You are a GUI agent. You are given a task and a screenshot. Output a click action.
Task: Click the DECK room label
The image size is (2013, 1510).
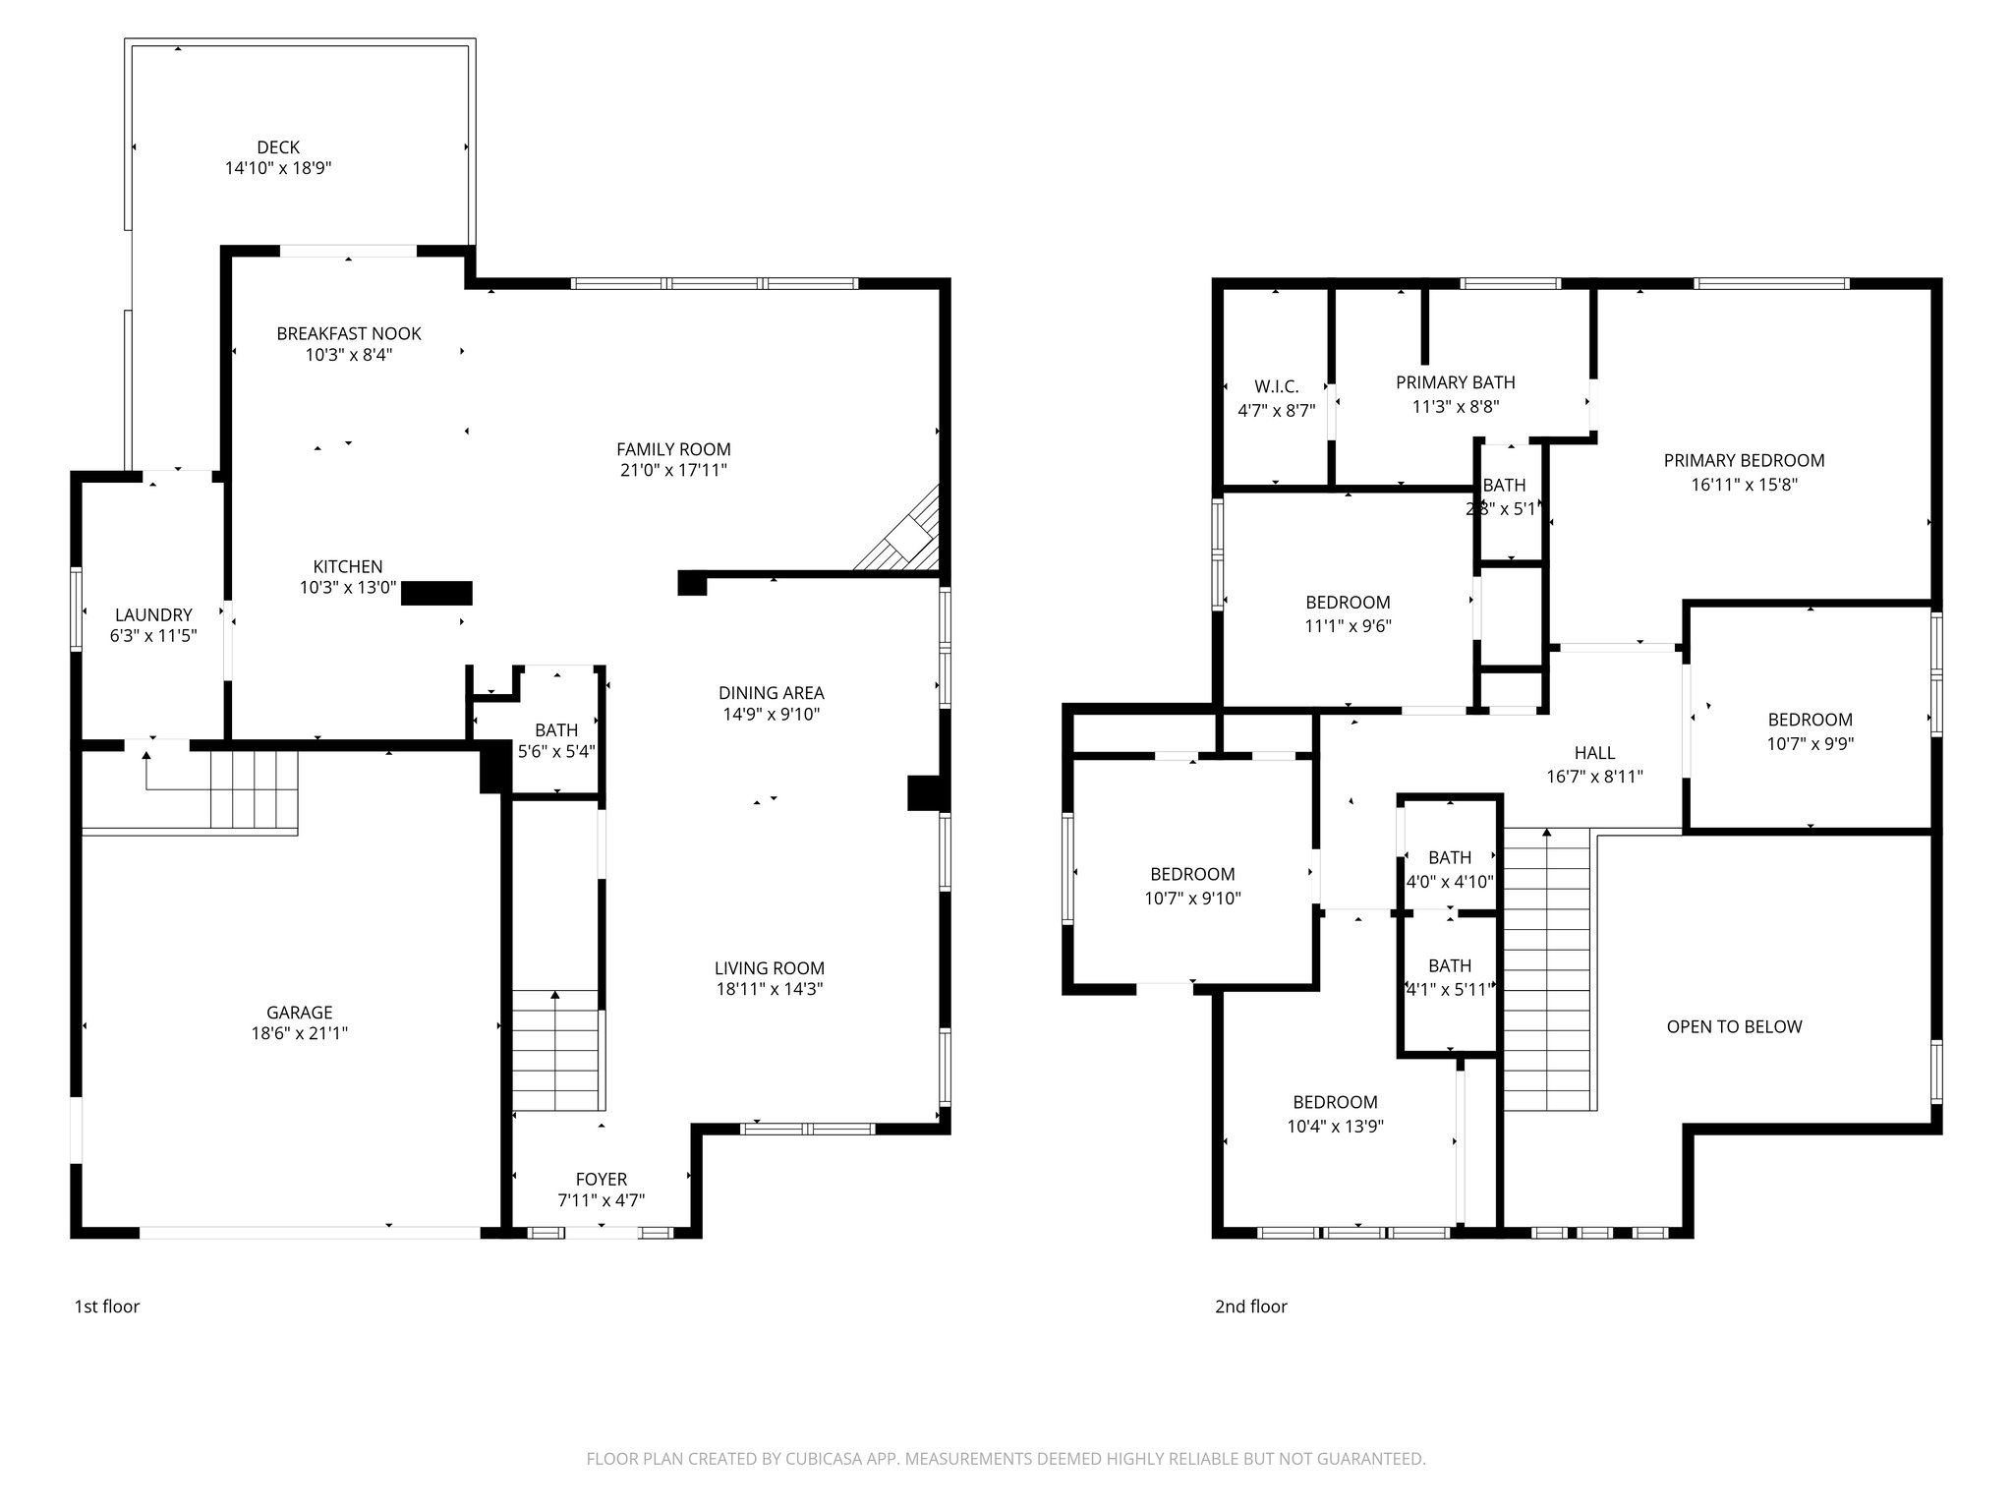[278, 147]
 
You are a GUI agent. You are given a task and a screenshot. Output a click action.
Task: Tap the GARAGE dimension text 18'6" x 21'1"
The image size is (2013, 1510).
[300, 1033]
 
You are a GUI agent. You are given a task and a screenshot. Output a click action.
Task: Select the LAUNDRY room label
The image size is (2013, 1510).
[153, 615]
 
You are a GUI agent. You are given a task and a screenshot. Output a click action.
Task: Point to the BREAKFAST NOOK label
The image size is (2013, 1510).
[349, 333]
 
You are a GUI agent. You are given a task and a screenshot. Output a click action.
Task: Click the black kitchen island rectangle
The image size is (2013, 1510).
[436, 593]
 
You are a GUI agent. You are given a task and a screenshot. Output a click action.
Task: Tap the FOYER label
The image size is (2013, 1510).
[601, 1179]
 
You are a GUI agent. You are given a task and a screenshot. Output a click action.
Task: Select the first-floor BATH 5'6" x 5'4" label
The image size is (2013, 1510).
[556, 730]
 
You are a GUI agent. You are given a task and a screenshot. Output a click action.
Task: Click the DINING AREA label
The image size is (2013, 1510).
[771, 693]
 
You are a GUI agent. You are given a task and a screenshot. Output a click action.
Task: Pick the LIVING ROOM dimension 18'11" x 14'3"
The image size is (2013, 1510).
[770, 989]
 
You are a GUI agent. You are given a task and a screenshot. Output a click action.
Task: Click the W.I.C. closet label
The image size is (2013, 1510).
[1276, 386]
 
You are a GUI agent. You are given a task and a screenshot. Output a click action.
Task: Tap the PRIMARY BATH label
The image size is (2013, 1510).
[1456, 382]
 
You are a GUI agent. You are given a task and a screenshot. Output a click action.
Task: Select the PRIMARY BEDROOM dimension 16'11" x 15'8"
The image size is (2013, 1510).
[1744, 485]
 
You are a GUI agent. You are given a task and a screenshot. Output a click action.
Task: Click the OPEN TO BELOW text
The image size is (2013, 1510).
[1734, 1027]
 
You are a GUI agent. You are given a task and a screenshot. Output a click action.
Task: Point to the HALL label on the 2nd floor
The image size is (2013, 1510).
[1594, 753]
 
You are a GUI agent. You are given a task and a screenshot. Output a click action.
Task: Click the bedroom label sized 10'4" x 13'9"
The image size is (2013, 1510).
[1335, 1102]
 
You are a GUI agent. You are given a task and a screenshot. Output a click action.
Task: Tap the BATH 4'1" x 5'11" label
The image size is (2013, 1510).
[1450, 966]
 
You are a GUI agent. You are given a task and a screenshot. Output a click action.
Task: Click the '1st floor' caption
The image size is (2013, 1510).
[107, 1307]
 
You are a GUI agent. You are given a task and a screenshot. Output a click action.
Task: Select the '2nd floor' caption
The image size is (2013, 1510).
[1250, 1307]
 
